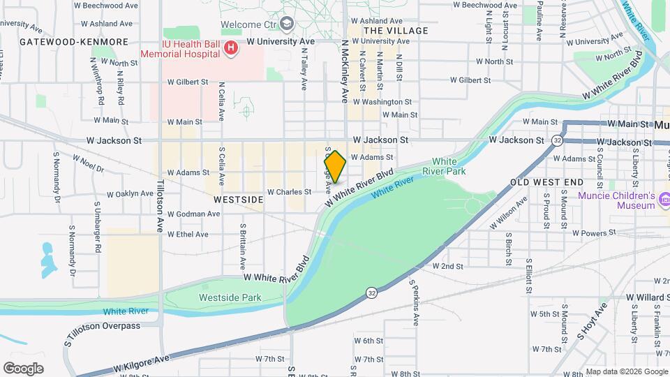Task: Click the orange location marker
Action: point(335,166)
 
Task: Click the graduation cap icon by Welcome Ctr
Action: point(286,24)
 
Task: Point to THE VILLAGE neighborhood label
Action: point(396,31)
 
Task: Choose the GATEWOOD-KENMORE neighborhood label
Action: point(74,42)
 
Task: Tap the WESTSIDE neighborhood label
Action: point(239,200)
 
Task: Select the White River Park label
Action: point(449,166)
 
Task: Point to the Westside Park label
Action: point(230,297)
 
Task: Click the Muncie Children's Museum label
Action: point(617,200)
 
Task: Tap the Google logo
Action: point(23,368)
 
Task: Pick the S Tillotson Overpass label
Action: point(103,325)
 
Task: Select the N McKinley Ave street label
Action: point(344,71)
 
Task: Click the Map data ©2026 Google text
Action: point(626,371)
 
